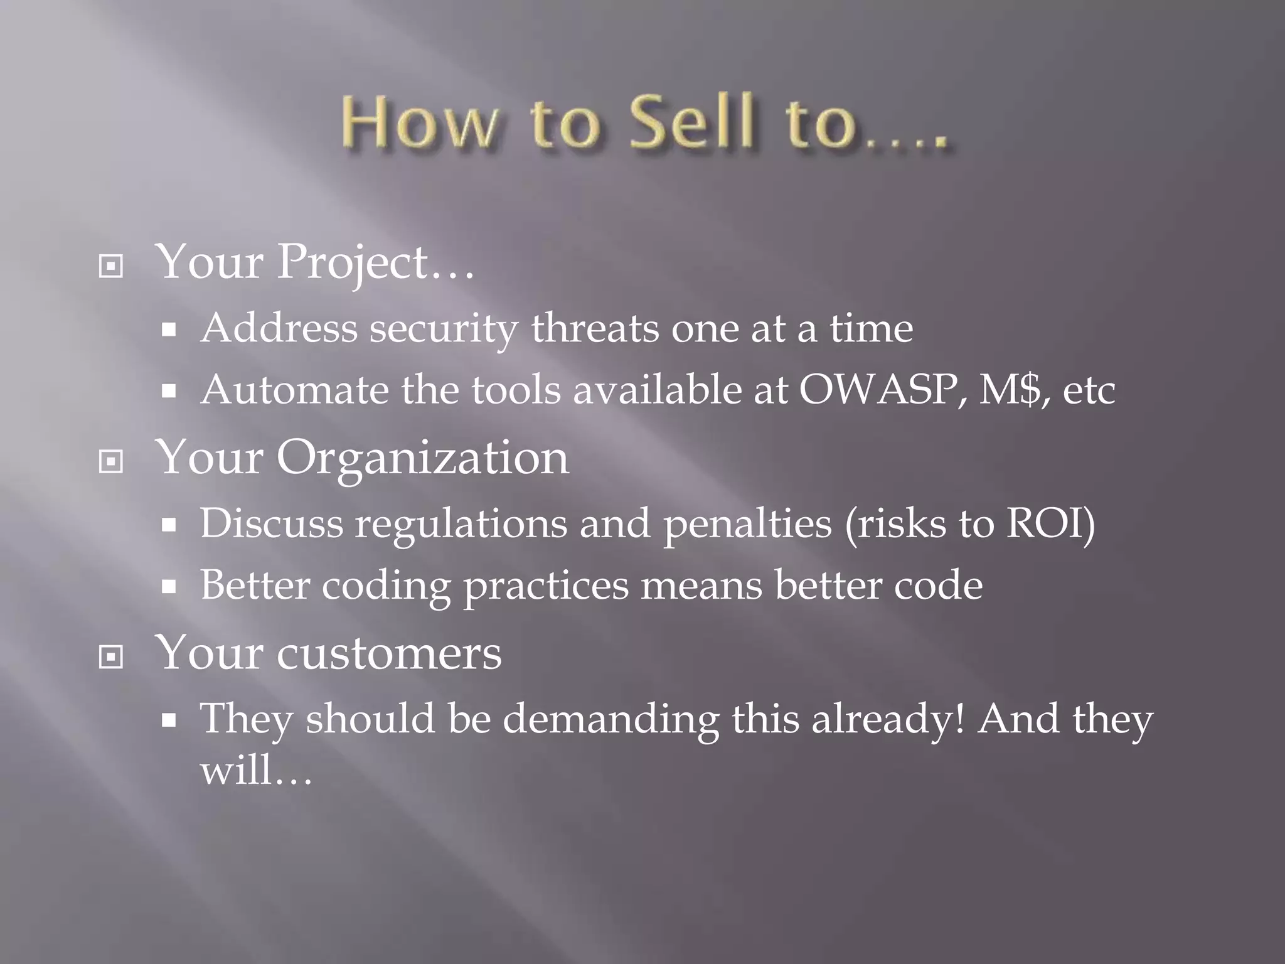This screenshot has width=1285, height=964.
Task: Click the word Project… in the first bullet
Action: (x=375, y=263)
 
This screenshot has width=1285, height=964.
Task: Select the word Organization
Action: (x=423, y=458)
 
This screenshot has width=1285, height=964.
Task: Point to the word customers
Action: (x=389, y=653)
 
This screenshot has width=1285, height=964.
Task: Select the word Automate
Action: (x=294, y=390)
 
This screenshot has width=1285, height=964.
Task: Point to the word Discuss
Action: (x=271, y=523)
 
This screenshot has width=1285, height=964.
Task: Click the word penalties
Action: (x=747, y=524)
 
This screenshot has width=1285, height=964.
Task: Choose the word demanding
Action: (x=611, y=719)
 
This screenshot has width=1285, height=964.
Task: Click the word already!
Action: (x=887, y=719)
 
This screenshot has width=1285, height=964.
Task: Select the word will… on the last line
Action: (x=255, y=769)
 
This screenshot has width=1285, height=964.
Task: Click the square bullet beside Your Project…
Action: (x=111, y=267)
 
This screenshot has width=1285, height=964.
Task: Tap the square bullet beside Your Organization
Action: (x=111, y=462)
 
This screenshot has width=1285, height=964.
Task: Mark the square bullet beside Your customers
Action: (x=111, y=657)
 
